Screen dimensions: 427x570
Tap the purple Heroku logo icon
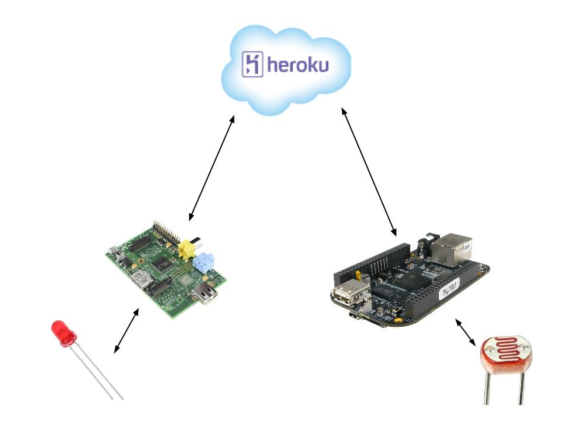252,64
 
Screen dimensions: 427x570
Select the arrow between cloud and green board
211,168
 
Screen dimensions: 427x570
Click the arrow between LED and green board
126,330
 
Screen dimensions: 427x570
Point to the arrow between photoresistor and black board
465,332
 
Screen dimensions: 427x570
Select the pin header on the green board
166,232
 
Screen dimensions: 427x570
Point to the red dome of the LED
62,332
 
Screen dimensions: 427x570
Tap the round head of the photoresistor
506,355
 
